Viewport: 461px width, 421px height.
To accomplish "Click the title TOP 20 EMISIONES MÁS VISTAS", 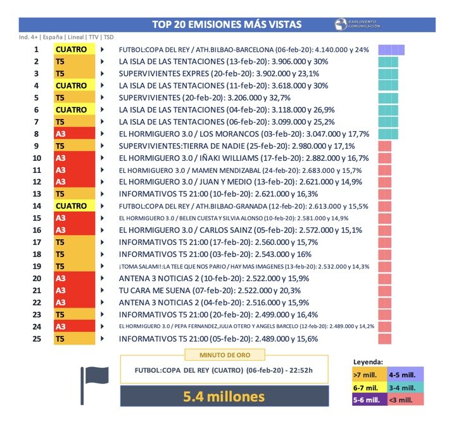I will coord(227,25).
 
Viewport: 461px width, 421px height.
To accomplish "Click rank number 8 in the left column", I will coord(36,134).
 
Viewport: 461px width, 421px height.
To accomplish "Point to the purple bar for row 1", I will coord(391,50).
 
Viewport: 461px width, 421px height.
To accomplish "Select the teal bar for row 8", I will coord(388,134).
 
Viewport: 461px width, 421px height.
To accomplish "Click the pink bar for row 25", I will coord(384,339).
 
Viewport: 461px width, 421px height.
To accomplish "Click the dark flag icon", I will coord(94,382).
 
